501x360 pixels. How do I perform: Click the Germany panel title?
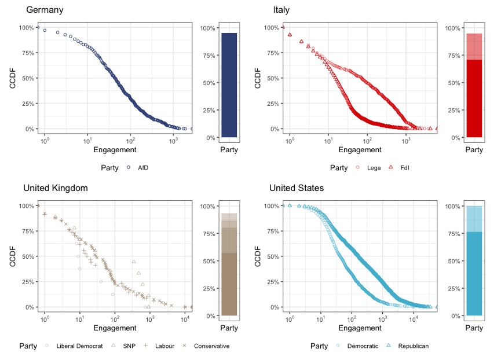[x=45, y=10]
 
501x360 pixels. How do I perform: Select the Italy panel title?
[x=281, y=10]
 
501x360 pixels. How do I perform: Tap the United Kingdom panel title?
[x=55, y=188]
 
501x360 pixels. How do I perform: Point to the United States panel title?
[x=297, y=188]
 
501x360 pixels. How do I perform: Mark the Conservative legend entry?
[x=206, y=346]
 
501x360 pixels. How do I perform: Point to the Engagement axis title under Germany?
[x=115, y=150]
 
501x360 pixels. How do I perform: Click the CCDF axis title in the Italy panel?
[x=257, y=78]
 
